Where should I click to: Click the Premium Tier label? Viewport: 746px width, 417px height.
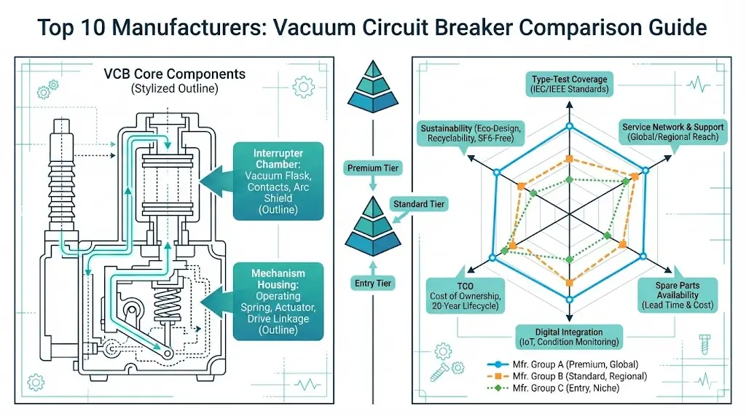[372, 168]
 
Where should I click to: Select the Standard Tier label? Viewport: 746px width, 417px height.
[419, 204]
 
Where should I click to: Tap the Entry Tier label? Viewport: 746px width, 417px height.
[372, 283]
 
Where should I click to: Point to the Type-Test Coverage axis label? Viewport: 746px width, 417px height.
[569, 85]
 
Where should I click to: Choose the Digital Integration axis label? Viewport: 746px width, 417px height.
[568, 337]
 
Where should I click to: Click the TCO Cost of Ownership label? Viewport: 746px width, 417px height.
[464, 296]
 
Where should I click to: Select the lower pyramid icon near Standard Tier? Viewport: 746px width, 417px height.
[372, 230]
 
